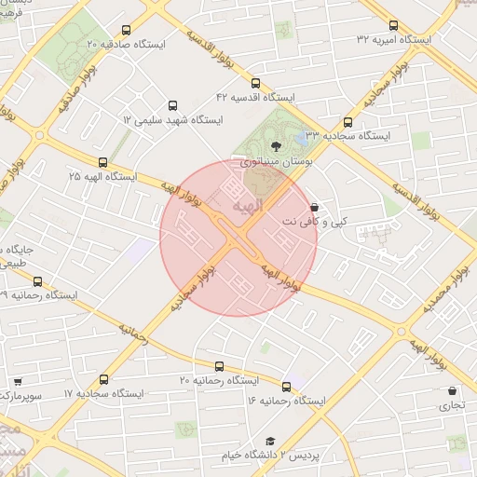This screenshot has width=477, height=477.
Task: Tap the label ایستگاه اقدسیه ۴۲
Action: click(255, 97)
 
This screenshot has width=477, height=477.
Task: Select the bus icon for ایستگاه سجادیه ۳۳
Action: click(348, 122)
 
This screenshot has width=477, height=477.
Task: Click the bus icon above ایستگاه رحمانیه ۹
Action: click(37, 281)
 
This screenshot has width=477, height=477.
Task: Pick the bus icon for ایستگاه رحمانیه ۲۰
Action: click(220, 366)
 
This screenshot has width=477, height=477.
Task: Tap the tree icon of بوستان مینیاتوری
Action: click(275, 145)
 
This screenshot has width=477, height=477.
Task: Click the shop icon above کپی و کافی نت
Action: click(313, 208)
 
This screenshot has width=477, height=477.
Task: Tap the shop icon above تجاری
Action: click(453, 391)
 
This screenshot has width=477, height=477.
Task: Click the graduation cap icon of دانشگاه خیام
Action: click(270, 441)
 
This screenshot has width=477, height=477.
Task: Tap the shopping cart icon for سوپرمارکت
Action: click(18, 382)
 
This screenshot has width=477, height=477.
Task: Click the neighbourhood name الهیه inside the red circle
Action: click(251, 204)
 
